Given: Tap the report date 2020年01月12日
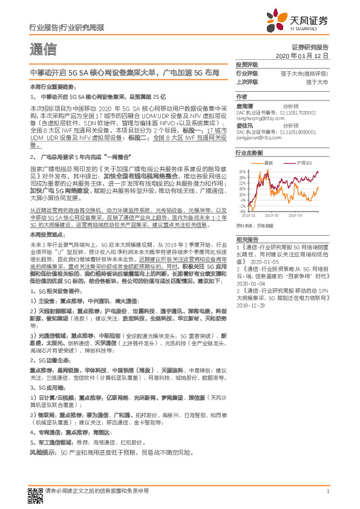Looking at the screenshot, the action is (x=303, y=56).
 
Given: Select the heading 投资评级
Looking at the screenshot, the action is (x=247, y=65).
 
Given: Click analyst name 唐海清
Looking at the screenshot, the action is (x=245, y=104).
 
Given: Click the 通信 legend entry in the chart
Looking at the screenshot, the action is (x=267, y=163).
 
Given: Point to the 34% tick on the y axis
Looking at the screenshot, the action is (x=243, y=172).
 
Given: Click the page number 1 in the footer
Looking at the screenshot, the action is (x=327, y=491).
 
